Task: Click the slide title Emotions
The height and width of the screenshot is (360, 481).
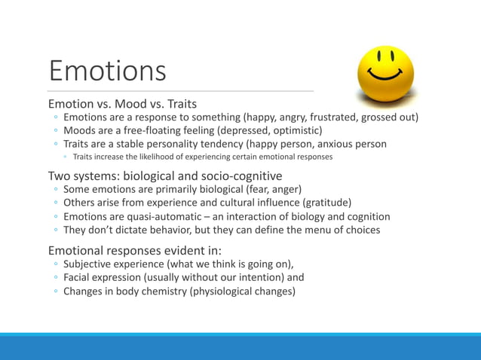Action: (107, 71)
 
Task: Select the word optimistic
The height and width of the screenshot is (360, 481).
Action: (296, 130)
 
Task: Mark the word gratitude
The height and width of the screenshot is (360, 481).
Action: (326, 203)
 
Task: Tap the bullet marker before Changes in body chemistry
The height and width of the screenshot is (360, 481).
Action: (56, 291)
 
